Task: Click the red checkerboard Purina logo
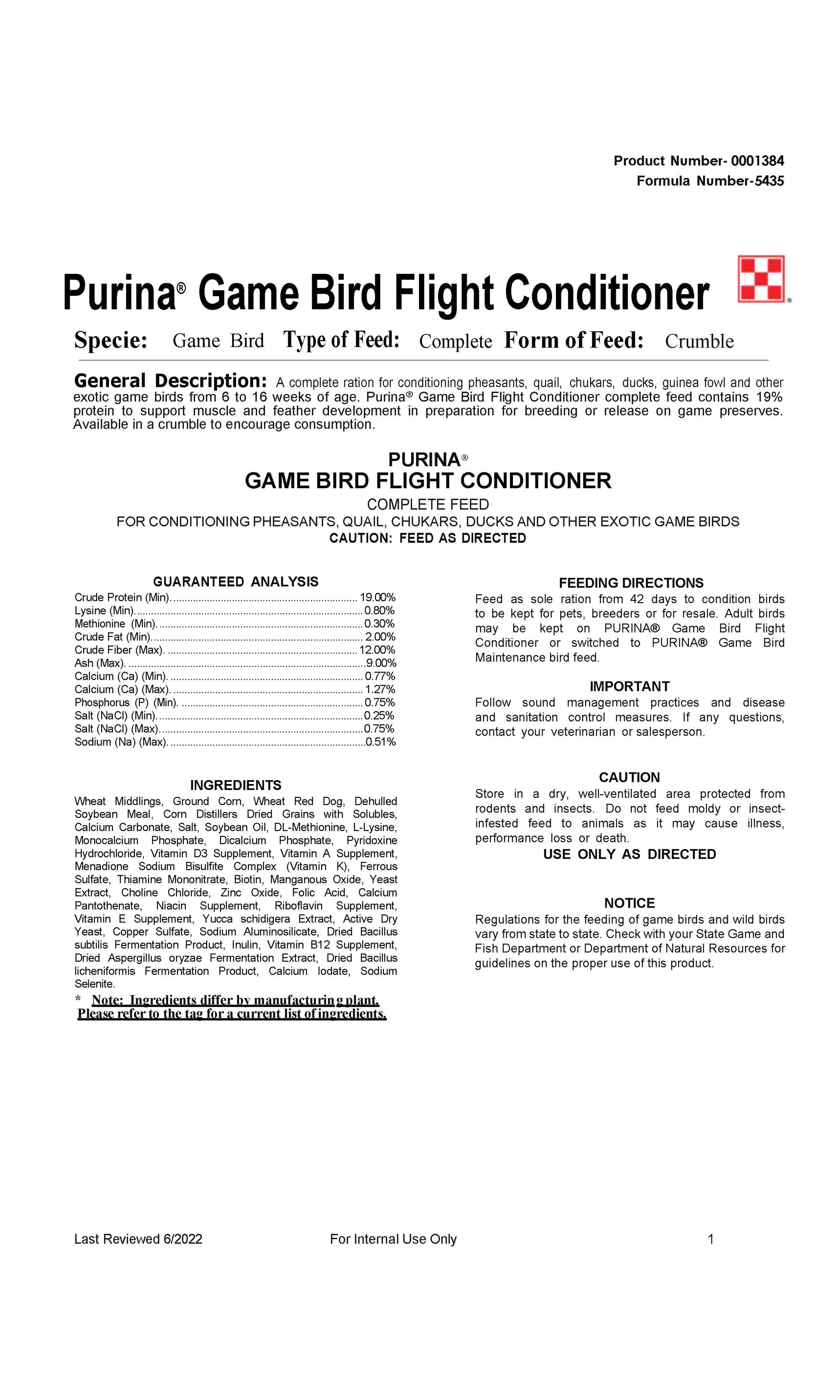[x=761, y=279]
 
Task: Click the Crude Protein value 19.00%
[x=377, y=597]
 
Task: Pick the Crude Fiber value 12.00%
[x=377, y=650]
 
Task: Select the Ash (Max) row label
[x=99, y=663]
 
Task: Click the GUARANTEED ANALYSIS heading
[x=236, y=582]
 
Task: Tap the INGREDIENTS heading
[x=236, y=784]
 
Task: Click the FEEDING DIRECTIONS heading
[x=631, y=583]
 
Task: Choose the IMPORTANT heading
[x=629, y=686]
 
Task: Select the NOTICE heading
[x=629, y=903]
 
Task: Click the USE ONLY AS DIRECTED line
[x=629, y=854]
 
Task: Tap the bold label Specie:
[x=111, y=340]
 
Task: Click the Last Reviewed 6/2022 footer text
[x=138, y=1239]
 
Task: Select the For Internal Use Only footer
[x=393, y=1239]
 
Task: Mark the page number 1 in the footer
[x=711, y=1239]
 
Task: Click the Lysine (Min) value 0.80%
[x=379, y=610]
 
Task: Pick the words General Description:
[x=170, y=381]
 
